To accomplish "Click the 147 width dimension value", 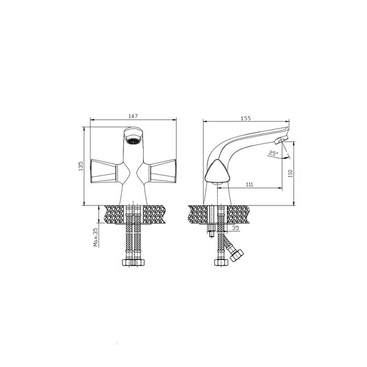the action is click(x=133, y=116).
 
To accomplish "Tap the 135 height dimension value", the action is click(x=81, y=166).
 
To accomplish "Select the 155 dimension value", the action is click(x=246, y=118).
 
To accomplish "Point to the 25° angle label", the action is click(x=273, y=154).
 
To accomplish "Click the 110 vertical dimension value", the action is click(x=291, y=174).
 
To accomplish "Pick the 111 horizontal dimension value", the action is click(x=250, y=185).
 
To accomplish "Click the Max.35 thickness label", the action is click(x=96, y=237).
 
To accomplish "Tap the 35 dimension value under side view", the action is click(x=236, y=228).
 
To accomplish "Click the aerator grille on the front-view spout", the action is click(x=133, y=141).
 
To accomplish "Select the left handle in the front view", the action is click(x=103, y=171).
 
